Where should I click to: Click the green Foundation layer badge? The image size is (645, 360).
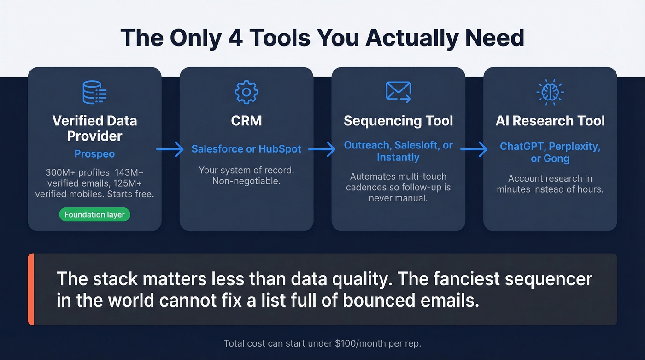coord(94,215)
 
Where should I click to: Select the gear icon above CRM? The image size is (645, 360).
coord(246,92)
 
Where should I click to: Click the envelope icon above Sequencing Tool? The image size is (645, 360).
coord(398,92)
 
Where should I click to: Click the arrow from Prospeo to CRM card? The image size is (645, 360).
coord(170,149)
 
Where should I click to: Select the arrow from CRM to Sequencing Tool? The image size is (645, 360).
coord(322,149)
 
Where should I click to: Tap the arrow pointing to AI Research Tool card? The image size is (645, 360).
coord(474,149)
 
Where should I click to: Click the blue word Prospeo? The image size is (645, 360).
coord(94,154)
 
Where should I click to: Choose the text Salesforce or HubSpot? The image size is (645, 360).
coord(246,149)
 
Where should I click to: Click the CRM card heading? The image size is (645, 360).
coord(246,121)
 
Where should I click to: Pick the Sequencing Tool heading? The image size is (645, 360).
coord(399,121)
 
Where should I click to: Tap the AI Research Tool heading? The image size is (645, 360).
coord(550,121)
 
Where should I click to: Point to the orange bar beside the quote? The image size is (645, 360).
coord(31,289)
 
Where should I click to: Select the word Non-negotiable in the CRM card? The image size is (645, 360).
coord(246,181)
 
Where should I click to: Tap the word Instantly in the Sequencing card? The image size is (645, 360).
coord(398,158)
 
